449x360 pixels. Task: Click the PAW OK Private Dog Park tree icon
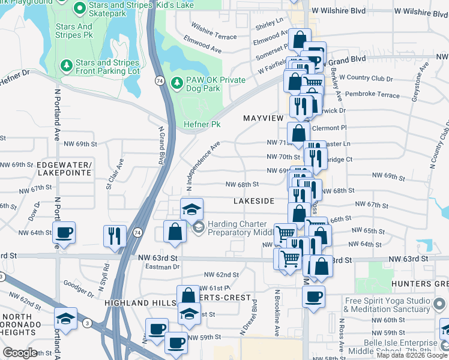pos(176,82)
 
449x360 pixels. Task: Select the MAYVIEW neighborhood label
pos(263,119)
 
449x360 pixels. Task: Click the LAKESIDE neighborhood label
pos(255,200)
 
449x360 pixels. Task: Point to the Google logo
pos(20,352)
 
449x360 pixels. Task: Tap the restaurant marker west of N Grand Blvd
pos(114,235)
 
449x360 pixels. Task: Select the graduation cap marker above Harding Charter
pos(191,209)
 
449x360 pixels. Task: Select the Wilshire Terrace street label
pos(214,29)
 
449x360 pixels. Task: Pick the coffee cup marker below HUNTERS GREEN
pos(313,296)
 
